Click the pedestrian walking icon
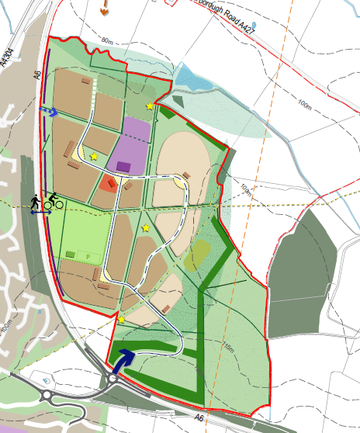point(36,203)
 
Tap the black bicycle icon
point(54,203)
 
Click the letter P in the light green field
point(88,255)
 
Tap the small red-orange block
point(107,183)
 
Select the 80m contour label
point(107,40)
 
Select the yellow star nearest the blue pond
point(149,106)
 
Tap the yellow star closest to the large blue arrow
point(121,319)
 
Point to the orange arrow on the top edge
point(104,9)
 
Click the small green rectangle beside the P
point(71,254)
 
